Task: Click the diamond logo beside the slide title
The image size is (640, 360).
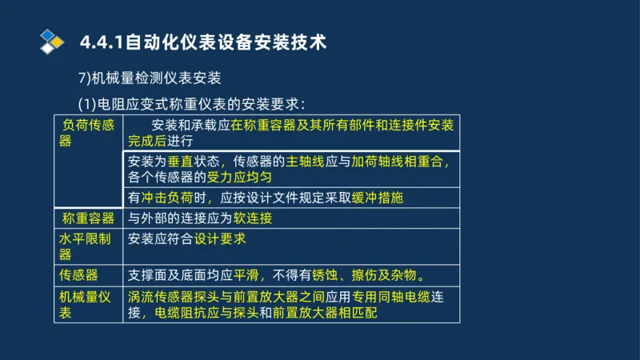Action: (x=52, y=40)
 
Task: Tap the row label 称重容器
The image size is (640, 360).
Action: (x=88, y=218)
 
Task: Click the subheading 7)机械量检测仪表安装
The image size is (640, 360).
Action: (x=150, y=78)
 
